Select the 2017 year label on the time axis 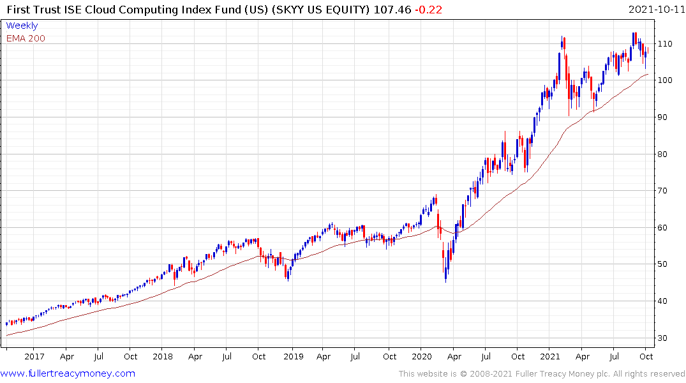tap(34, 357)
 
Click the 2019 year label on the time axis tap(292, 357)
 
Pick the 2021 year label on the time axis tap(550, 357)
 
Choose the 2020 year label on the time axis tap(421, 357)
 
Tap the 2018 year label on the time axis tap(163, 357)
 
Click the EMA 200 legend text tap(26, 38)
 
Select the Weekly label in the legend tap(22, 26)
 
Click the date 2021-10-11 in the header tap(655, 10)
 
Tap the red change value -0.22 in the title tap(428, 10)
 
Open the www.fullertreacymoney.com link tap(68, 373)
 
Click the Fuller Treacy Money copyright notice tap(542, 374)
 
